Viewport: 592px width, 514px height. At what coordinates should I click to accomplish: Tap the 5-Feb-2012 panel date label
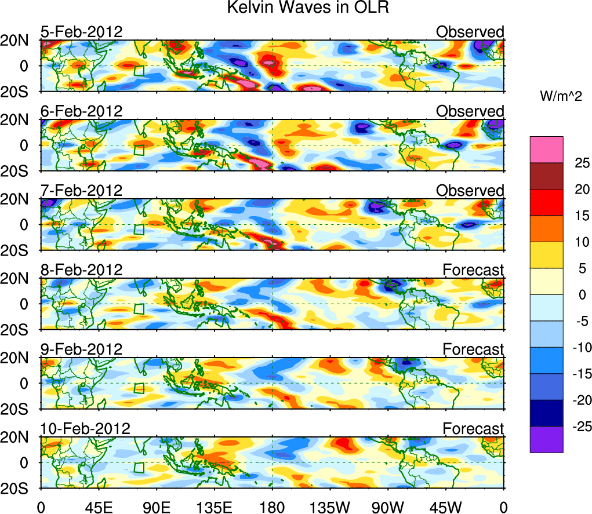coord(81,32)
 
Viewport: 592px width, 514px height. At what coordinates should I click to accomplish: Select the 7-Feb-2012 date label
coord(81,191)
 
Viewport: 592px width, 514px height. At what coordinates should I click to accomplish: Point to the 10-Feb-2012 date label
coord(85,429)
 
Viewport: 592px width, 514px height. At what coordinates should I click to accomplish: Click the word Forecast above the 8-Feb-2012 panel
coord(473,270)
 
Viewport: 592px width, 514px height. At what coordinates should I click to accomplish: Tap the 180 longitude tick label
coord(272,507)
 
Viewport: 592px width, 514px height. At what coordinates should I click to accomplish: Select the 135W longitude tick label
coord(330,507)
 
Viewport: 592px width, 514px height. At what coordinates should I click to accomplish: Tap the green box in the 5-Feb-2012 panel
coord(139,71)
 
